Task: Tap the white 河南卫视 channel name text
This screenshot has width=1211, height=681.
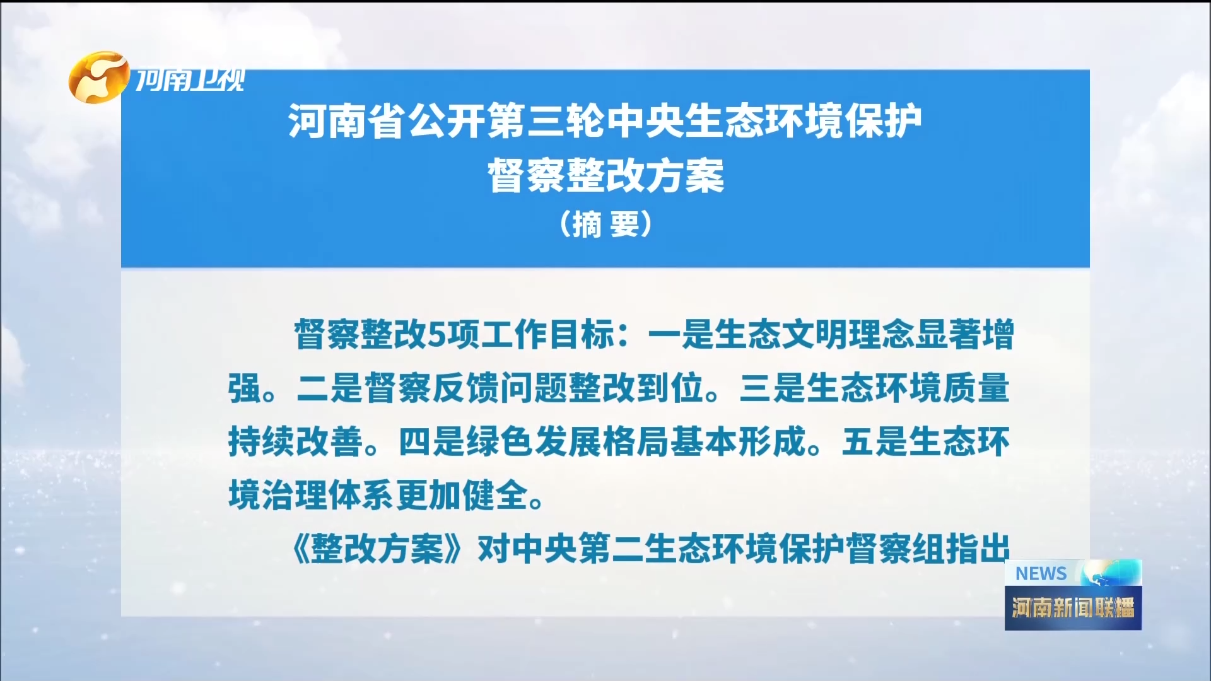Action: [190, 80]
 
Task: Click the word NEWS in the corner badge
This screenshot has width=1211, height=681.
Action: [1041, 573]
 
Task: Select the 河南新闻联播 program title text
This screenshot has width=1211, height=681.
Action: [1073, 608]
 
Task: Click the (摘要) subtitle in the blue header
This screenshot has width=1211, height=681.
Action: [605, 224]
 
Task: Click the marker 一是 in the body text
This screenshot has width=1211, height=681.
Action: [681, 334]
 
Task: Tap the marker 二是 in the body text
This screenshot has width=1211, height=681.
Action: [329, 388]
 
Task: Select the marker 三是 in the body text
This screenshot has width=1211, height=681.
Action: [772, 388]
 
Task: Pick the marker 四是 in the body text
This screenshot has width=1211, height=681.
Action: [432, 441]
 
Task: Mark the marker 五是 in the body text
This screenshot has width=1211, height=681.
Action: [875, 441]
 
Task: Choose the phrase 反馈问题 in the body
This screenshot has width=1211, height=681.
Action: [500, 388]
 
